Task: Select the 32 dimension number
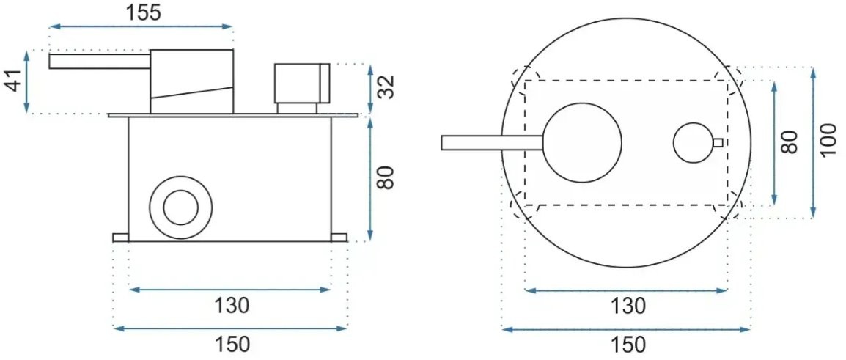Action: click(386, 87)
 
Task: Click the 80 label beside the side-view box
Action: click(386, 177)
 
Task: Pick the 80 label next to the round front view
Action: click(790, 142)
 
